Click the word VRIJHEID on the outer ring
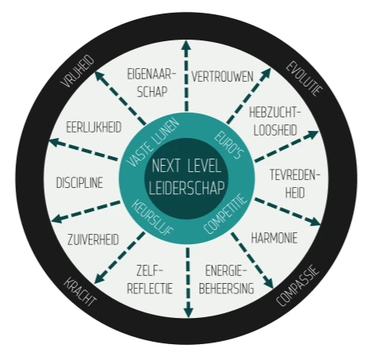click(78, 71)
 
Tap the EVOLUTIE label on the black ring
click(305, 79)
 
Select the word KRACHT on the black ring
click(80, 292)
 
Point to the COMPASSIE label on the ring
click(298, 285)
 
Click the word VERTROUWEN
click(222, 77)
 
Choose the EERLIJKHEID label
click(94, 127)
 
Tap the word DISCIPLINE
click(79, 183)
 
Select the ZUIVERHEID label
click(93, 239)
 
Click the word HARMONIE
click(275, 238)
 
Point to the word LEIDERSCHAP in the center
click(186, 188)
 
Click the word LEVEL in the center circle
click(204, 166)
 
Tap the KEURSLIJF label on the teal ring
click(152, 218)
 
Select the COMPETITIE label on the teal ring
click(225, 214)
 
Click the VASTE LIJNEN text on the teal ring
click(153, 143)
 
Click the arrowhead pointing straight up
click(186, 45)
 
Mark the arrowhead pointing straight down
click(188, 312)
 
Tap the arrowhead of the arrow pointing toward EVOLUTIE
click(266, 73)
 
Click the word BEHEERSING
click(226, 288)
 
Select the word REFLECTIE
click(150, 288)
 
